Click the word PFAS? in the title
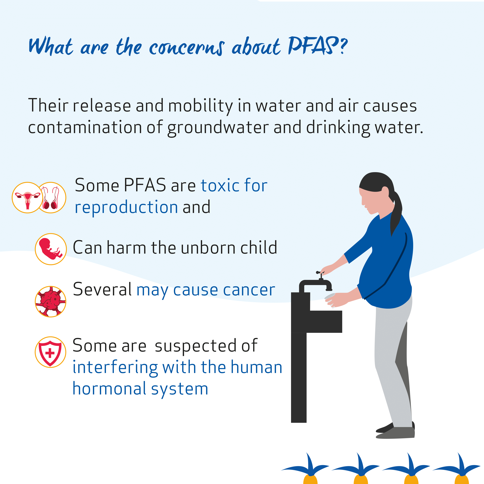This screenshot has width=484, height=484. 318,46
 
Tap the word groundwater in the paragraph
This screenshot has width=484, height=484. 218,128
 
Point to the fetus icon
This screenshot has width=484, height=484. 51,249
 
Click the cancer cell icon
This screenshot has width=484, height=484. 51,302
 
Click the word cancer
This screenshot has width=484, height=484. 249,290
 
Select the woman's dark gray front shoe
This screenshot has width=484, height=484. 395,433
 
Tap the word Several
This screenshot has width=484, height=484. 102,289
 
